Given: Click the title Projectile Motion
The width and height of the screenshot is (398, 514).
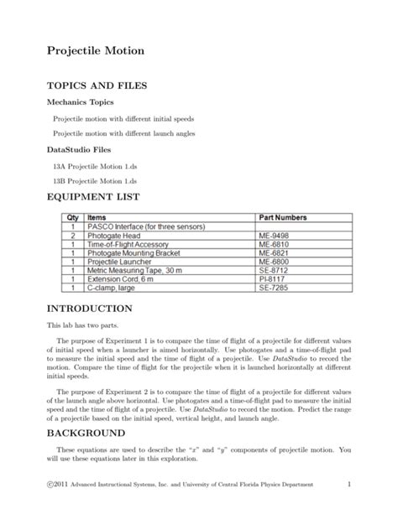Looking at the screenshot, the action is (95, 51).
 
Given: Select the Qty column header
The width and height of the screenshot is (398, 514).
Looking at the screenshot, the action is (72, 217).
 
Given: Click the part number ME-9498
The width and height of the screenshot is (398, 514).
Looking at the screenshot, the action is (275, 236).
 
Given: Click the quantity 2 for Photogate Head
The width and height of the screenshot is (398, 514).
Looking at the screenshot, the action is (73, 236).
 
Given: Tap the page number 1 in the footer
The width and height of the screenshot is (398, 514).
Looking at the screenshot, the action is (347, 485).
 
